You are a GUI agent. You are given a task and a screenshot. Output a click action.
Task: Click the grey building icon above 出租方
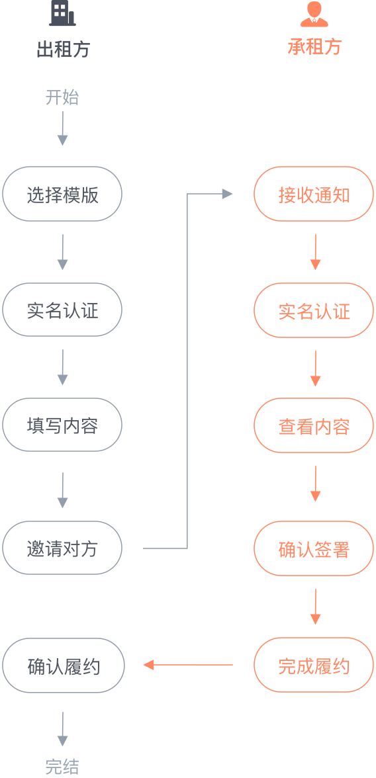pos(63,13)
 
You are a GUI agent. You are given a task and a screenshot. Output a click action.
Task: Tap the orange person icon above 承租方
pos(314,14)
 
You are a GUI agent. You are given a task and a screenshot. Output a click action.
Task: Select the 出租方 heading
pos(63,49)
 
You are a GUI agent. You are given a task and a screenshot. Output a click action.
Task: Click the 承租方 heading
pos(315,46)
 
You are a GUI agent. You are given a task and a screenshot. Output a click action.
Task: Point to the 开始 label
pos(62,97)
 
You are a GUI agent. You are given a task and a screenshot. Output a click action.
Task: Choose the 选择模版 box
pos(62,194)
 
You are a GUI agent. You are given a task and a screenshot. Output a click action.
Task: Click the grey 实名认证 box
pos(62,310)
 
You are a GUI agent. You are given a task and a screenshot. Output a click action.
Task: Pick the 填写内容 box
pos(62,425)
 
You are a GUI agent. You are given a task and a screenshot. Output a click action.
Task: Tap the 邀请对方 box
pos(62,548)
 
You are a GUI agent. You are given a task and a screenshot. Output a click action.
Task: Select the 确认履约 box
pos(63,666)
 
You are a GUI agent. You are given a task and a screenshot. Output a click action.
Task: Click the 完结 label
pos(62,767)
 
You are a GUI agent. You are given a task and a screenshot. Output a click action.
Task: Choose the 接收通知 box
pos(313,194)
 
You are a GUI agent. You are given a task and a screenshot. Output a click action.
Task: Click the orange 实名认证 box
pos(313,310)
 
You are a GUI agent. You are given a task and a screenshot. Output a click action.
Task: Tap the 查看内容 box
pos(313,425)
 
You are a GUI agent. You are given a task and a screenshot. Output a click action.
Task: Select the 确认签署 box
pos(313,548)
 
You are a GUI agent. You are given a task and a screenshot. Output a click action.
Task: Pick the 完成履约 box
pos(313,665)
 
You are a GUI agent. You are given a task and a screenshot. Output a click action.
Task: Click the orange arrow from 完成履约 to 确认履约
pos(188,664)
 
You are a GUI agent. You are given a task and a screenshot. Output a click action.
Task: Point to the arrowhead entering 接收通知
pos(228,194)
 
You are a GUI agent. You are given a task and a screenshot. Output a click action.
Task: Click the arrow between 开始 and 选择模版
pos(63,128)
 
